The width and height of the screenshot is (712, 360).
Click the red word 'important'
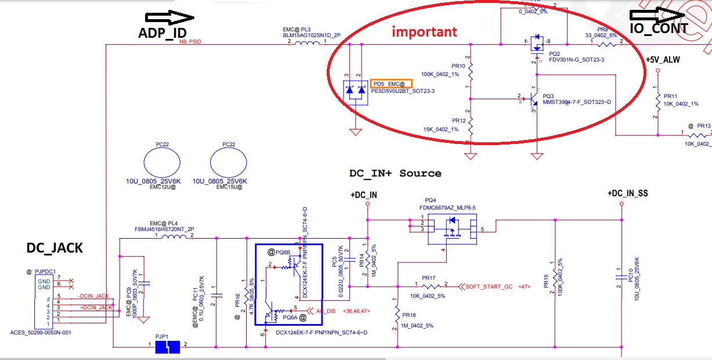click(x=424, y=32)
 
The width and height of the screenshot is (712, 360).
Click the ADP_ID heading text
click(x=163, y=33)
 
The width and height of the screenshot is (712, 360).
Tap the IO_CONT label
click(x=659, y=28)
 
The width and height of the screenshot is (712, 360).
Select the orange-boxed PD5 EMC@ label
click(x=392, y=84)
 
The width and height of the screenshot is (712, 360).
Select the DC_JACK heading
click(x=55, y=249)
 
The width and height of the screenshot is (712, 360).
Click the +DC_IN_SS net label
click(x=627, y=193)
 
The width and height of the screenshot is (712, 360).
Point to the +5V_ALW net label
click(x=663, y=60)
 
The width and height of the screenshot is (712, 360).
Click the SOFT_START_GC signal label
click(x=489, y=286)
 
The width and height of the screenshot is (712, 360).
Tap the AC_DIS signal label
click(x=326, y=311)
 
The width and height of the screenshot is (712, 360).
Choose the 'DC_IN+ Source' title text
click(x=395, y=173)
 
